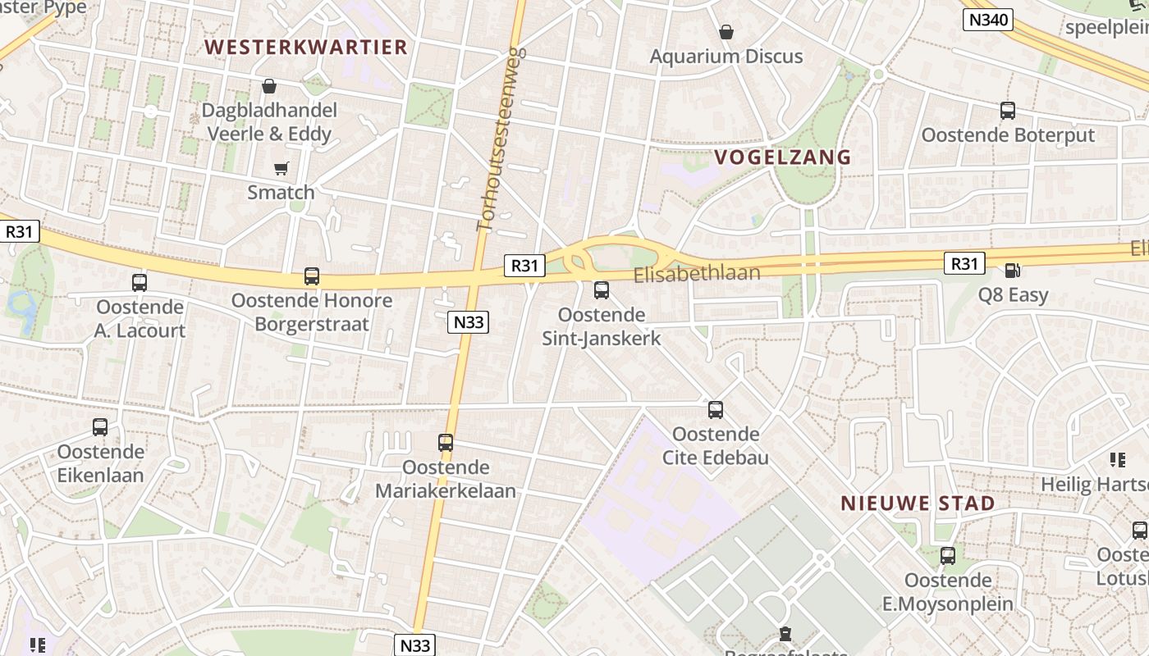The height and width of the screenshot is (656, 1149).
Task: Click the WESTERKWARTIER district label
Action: [x=305, y=47]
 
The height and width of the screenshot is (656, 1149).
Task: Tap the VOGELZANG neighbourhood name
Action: [x=782, y=157]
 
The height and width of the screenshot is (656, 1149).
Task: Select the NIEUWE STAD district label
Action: [x=918, y=503]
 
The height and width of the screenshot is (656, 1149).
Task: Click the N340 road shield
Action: [x=988, y=20]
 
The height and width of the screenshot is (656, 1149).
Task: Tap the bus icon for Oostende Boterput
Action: [x=1008, y=111]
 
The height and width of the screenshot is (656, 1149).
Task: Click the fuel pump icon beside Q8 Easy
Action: [x=1013, y=271]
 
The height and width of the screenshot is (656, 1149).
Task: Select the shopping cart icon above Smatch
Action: [x=282, y=169]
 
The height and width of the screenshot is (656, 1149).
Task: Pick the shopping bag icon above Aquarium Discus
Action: [x=726, y=33]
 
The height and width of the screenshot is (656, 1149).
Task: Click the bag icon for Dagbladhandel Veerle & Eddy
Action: [x=269, y=86]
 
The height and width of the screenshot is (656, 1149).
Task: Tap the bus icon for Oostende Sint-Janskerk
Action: [x=602, y=289]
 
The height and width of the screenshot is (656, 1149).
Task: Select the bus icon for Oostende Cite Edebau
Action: [x=716, y=409]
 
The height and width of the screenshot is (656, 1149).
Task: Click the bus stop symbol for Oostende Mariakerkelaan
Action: [x=446, y=443]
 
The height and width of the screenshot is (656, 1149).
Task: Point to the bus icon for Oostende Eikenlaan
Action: [x=100, y=427]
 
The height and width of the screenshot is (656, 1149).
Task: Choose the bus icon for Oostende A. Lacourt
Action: [x=140, y=283]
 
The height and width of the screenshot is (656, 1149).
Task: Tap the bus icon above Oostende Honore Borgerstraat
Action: [x=312, y=276]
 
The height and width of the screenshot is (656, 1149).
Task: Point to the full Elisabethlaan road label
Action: [x=697, y=274]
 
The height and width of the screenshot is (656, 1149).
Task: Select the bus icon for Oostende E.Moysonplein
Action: [x=948, y=556]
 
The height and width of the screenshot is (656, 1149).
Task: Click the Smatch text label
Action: [x=281, y=193]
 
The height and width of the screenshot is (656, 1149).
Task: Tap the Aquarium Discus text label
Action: [x=726, y=57]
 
